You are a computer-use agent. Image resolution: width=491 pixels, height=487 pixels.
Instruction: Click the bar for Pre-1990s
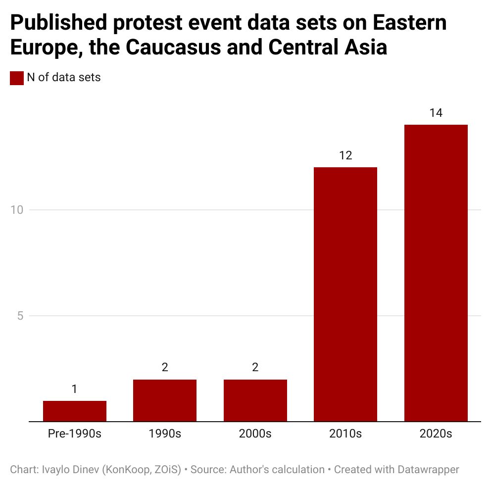[x=75, y=411]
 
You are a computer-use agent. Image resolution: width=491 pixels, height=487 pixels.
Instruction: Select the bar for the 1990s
[x=165, y=400]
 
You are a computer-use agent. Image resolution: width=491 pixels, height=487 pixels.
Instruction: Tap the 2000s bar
[x=255, y=400]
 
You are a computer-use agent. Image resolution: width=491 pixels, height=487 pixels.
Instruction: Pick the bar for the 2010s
[x=345, y=294]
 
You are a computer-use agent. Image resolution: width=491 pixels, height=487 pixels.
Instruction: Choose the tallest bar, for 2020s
[x=436, y=273]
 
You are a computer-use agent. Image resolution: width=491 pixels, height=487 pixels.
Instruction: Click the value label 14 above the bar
[x=436, y=113]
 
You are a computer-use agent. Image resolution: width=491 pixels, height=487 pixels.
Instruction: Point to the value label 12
[x=345, y=155]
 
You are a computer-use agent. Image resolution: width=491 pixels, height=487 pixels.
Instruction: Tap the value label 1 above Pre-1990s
[x=75, y=389]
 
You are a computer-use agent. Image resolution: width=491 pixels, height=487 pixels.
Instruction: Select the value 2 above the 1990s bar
[x=165, y=368]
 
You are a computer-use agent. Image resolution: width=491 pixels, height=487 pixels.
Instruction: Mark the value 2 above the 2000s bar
[x=255, y=368]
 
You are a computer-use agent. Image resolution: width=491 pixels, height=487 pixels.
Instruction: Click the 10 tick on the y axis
[x=17, y=210]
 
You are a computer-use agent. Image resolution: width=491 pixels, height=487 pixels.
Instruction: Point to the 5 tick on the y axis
[x=20, y=316]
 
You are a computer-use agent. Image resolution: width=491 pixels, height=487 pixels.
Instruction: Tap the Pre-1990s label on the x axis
[x=75, y=434]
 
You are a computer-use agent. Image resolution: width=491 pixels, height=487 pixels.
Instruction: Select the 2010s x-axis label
[x=345, y=434]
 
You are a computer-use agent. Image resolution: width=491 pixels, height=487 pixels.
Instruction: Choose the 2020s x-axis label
[x=436, y=434]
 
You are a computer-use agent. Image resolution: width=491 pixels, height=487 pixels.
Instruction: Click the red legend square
[x=17, y=78]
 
